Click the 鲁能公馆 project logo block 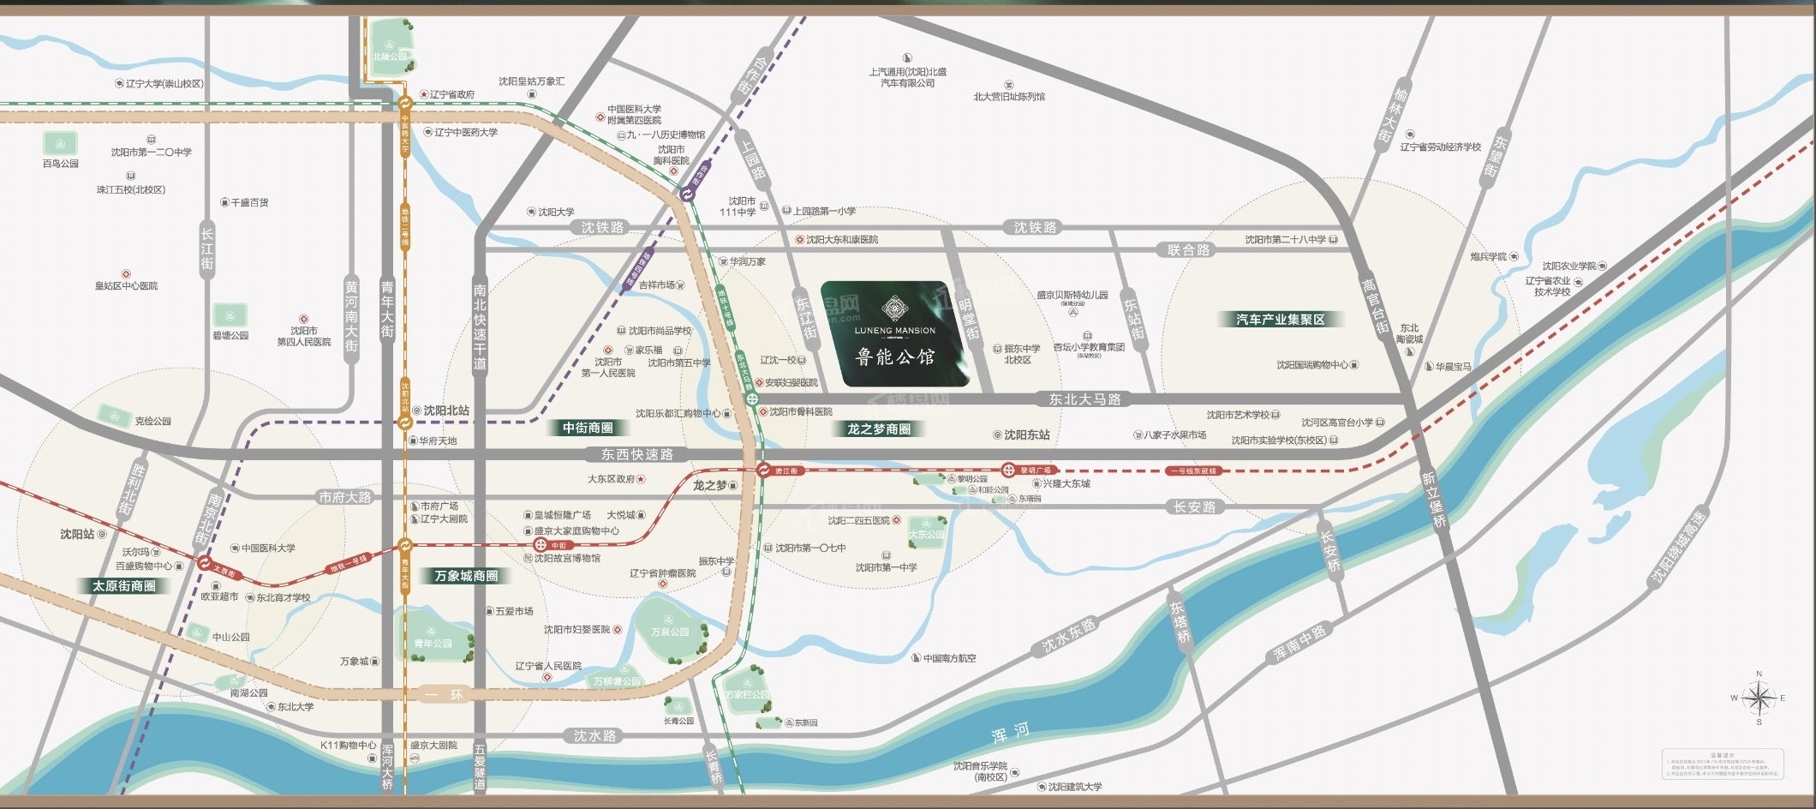click(x=895, y=334)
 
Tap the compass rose click(x=1759, y=698)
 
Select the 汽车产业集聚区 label click(x=1280, y=320)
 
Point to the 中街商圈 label click(x=588, y=428)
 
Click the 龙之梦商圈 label click(x=879, y=428)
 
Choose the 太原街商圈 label click(x=124, y=586)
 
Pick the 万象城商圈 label click(x=466, y=576)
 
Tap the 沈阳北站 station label click(x=446, y=410)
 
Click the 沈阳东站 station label click(x=1026, y=434)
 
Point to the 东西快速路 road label click(x=636, y=454)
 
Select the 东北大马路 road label click(x=1084, y=399)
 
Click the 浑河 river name click(x=1010, y=733)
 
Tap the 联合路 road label click(x=1188, y=250)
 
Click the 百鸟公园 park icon click(x=61, y=143)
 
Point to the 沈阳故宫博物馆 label click(x=566, y=558)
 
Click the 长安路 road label click(x=1194, y=507)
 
